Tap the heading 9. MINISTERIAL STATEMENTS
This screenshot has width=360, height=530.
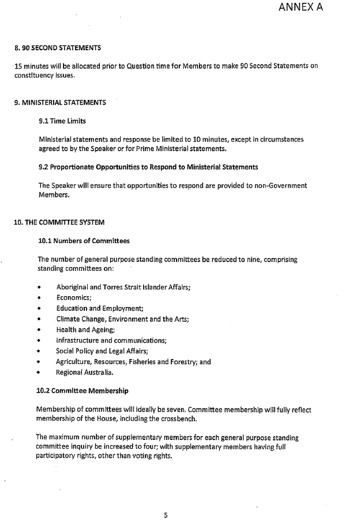click(x=60, y=103)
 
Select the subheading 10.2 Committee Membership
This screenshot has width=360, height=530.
click(x=82, y=391)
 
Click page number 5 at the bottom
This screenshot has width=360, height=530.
click(x=166, y=516)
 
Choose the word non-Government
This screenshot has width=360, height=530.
click(x=279, y=185)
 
